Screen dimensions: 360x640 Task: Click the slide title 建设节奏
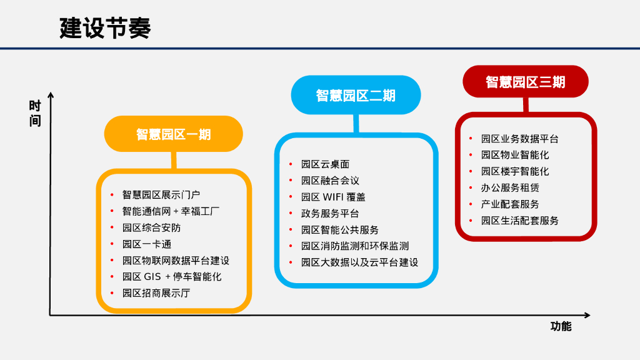point(105,28)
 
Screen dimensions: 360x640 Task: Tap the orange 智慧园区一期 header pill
point(173,134)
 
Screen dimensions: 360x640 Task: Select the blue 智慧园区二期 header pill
point(356,95)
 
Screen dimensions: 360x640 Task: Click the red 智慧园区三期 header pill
point(525,82)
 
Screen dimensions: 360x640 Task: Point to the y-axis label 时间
point(35,113)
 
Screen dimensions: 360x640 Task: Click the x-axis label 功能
point(561,326)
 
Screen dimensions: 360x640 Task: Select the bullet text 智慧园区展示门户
point(161,195)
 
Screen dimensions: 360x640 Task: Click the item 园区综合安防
point(151,227)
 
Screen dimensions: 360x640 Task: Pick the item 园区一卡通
point(146,244)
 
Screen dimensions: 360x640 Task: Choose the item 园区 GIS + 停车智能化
point(172,276)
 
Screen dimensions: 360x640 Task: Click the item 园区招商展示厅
point(156,292)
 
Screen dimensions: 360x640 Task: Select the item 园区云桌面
point(325,164)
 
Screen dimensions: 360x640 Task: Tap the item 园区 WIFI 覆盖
point(333,197)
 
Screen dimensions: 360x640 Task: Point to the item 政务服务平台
point(330,213)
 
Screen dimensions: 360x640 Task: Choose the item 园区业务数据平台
point(519,139)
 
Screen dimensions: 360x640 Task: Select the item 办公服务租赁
point(510,187)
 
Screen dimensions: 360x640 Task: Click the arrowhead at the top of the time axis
point(51,96)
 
